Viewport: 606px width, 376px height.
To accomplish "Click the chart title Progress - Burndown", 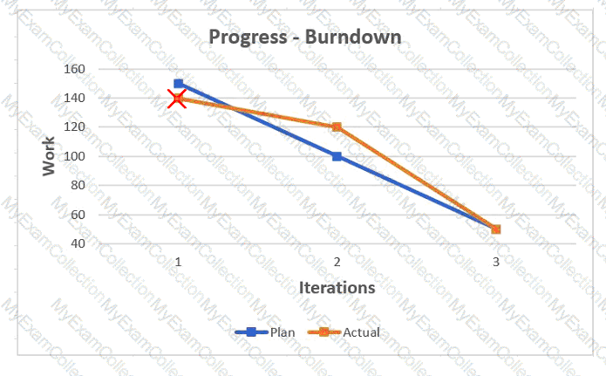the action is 305,38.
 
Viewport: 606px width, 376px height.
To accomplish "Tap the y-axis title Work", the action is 49,156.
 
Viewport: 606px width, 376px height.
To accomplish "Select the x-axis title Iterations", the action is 337,288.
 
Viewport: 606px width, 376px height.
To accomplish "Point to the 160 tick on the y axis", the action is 75,69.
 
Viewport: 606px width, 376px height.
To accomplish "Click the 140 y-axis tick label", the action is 75,99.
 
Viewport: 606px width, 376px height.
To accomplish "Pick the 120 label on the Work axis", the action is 75,126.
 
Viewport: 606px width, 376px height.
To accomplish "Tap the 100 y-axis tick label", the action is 75,156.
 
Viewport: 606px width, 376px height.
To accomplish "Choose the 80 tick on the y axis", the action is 78,185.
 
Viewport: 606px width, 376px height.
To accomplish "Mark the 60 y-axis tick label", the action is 78,215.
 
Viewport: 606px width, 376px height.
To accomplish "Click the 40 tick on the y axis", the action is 78,243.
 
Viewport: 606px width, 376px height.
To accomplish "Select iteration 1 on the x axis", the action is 178,263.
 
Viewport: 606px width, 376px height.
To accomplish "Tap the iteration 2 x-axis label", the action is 337,263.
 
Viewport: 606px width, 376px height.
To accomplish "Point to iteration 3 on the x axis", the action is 496,263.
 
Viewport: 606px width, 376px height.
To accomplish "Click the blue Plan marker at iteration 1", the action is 178,84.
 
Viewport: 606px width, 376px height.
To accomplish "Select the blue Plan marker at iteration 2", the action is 337,156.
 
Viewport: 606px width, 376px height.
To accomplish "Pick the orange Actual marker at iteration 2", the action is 337,126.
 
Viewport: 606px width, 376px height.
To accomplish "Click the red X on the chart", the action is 177,99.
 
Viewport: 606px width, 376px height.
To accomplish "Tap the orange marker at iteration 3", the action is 496,229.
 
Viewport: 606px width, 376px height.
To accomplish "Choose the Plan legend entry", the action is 265,332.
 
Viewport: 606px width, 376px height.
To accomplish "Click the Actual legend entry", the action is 344,332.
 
